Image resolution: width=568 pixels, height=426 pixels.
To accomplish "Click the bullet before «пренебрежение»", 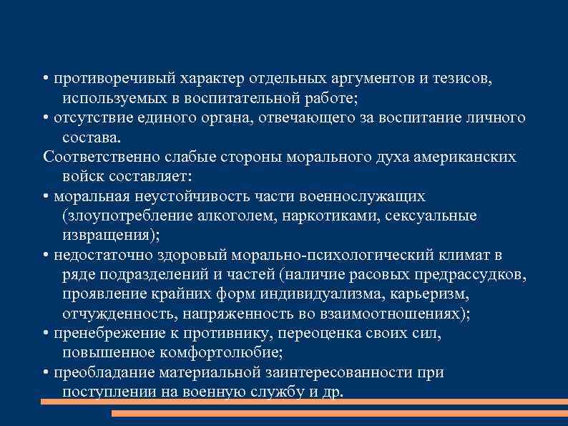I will point(45,334).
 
